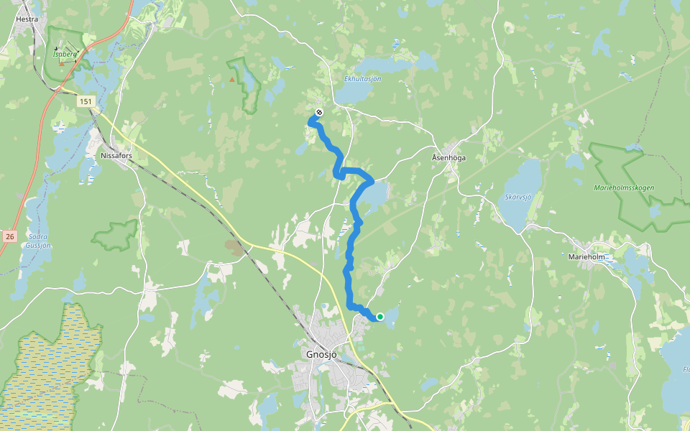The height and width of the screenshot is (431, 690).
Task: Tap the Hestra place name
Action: click(x=27, y=20)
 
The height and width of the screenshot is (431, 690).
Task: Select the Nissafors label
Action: click(x=117, y=155)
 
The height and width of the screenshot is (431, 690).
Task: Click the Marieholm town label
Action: click(x=587, y=256)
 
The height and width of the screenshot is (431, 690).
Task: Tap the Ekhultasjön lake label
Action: click(x=362, y=78)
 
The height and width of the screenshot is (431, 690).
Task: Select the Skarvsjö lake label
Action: click(x=517, y=196)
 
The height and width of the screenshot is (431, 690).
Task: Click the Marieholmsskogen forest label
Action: click(x=624, y=187)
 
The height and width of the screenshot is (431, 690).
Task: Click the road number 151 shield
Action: click(x=86, y=102)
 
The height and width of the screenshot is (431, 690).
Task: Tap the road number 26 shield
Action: click(x=9, y=236)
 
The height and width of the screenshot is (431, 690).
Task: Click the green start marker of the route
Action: click(x=379, y=317)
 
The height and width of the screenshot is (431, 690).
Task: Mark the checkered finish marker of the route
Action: click(x=318, y=112)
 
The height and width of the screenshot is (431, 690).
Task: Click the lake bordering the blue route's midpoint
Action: click(x=374, y=195)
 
